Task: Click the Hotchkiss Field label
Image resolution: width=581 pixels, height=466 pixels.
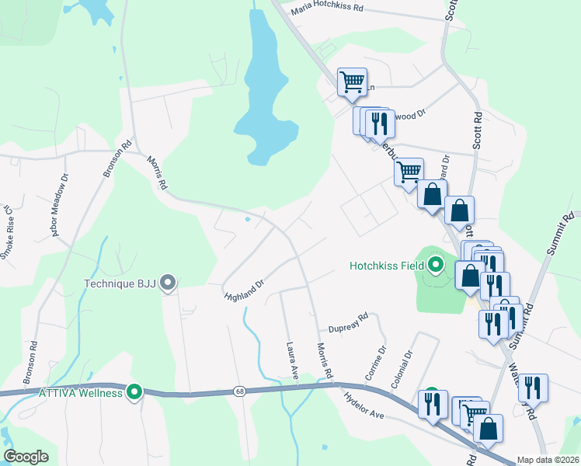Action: pos(386,266)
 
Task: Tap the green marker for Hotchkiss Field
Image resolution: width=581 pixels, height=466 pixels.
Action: pos(436,266)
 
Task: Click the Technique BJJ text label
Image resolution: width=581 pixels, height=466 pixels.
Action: pos(120,283)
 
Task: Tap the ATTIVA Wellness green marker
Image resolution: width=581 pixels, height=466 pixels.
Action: pos(135,393)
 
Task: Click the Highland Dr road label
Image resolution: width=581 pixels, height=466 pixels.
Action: pos(245,290)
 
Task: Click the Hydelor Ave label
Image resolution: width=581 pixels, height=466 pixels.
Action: pos(365,405)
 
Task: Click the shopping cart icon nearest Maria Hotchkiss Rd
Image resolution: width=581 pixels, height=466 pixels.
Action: pos(352,81)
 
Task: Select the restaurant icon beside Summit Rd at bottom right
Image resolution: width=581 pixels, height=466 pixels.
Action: pos(533,387)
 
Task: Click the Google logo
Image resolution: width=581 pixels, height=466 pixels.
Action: pos(27,457)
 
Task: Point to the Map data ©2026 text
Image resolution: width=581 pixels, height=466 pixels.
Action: pos(547,460)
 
